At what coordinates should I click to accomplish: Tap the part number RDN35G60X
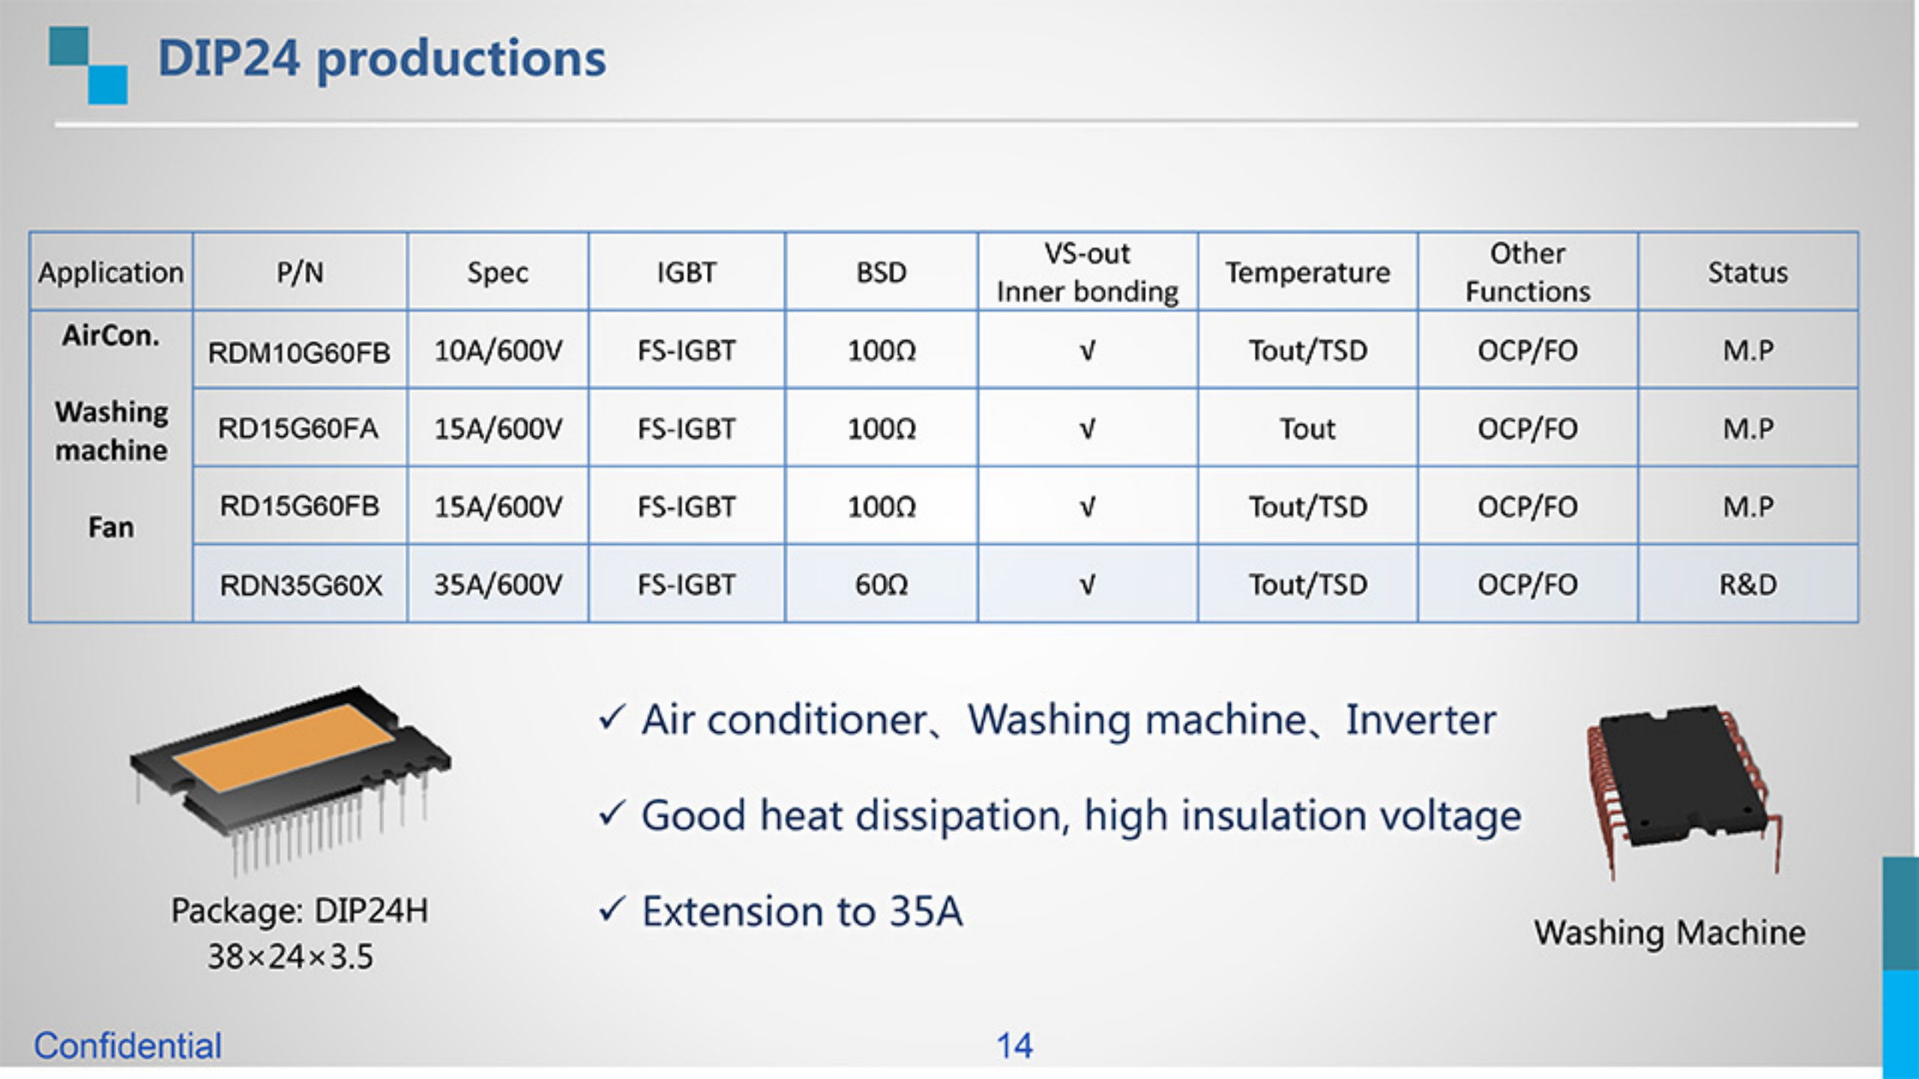click(301, 585)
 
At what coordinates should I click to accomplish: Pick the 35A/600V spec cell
click(498, 584)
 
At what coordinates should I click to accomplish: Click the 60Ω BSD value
click(882, 584)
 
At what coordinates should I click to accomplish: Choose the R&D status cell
click(1747, 584)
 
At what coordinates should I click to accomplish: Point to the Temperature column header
click(1307, 273)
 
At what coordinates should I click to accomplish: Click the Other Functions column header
click(1528, 273)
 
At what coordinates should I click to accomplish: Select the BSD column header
click(882, 273)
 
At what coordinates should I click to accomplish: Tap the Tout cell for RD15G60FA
click(1307, 429)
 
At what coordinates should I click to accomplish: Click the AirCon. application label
click(111, 336)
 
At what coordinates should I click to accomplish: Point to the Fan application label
click(111, 528)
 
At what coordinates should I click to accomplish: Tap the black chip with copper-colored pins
click(1679, 779)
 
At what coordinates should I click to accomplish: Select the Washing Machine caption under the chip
click(1669, 933)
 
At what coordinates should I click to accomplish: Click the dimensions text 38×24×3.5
click(290, 957)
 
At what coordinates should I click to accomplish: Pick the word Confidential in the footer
click(127, 1046)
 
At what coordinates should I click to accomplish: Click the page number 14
click(1014, 1046)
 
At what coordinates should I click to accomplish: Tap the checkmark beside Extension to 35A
click(612, 910)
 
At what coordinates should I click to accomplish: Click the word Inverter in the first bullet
click(1421, 720)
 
